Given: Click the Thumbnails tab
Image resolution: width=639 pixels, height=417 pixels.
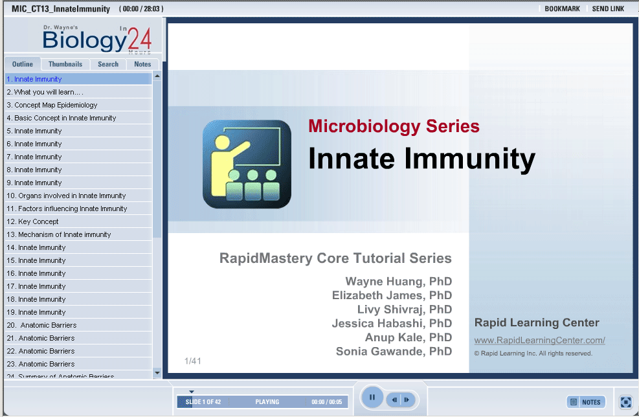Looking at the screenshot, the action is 65,64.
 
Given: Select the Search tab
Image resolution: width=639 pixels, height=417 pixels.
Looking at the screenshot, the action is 108,64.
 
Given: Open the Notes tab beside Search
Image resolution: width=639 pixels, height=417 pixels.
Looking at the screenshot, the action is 142,64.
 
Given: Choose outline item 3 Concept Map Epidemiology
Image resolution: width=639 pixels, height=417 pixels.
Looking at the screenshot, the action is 52,105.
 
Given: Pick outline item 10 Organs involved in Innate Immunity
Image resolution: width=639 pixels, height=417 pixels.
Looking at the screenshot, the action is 66,196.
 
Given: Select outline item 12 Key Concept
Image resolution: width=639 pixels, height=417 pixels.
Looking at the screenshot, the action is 32,221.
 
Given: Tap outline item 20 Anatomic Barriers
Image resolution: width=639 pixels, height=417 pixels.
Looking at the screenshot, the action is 41,325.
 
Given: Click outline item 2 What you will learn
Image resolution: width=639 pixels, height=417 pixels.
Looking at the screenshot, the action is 45,92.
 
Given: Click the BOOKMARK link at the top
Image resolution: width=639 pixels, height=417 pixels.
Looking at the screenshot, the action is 562,8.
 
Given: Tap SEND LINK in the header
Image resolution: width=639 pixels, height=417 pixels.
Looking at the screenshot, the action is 608,8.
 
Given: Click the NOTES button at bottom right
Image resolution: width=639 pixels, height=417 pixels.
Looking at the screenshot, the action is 586,402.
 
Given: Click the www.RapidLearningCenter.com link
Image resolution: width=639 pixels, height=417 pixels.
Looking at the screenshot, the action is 539,340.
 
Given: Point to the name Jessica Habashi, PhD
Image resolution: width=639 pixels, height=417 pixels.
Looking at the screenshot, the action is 392,323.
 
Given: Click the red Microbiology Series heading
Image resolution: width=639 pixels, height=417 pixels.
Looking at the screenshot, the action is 394,126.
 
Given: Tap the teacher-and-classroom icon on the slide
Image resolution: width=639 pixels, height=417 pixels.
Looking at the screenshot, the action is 247,164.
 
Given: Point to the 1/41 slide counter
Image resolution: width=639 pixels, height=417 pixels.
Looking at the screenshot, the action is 192,361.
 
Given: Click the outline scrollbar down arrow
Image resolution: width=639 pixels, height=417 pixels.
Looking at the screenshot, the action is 157,372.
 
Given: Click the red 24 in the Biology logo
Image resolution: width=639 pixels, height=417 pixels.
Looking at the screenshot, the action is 139,39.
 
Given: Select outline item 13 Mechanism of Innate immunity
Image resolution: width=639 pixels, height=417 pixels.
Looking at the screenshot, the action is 59,234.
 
